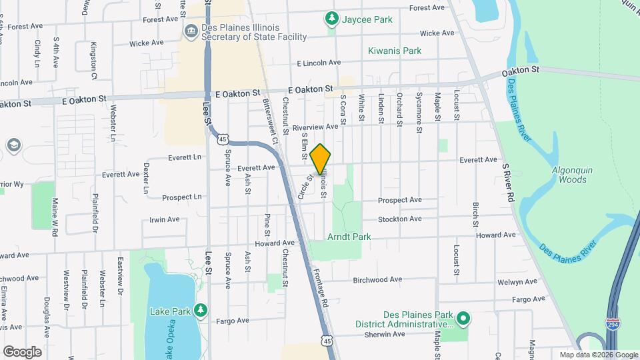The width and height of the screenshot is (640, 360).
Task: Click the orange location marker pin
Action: click(x=320, y=159)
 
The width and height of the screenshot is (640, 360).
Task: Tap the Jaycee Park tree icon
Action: click(x=331, y=19)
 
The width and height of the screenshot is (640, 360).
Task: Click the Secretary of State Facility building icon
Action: click(x=191, y=31)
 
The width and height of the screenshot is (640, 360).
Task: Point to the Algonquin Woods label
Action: click(x=569, y=175)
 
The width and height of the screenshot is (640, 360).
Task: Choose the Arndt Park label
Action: click(x=349, y=237)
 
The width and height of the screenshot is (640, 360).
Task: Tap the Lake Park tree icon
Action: click(x=199, y=311)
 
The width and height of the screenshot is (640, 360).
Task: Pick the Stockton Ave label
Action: click(x=400, y=219)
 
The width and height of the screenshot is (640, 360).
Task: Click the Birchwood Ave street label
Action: click(x=378, y=280)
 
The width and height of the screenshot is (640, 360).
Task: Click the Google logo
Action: click(x=21, y=351)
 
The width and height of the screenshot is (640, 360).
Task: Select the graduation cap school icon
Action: click(x=12, y=145)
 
